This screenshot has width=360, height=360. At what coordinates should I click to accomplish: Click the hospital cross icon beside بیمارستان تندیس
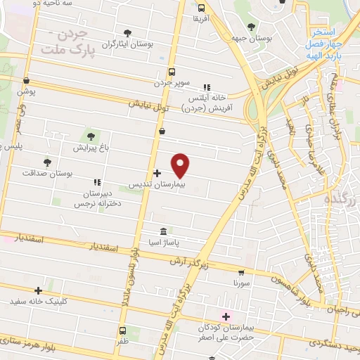pyautogui.click(x=156, y=172)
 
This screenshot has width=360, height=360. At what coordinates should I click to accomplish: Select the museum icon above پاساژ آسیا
pyautogui.click(x=163, y=231)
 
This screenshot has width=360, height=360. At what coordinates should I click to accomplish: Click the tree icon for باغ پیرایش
pyautogui.click(x=89, y=136)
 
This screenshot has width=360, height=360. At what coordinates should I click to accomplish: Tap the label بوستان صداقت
pyautogui.click(x=44, y=173)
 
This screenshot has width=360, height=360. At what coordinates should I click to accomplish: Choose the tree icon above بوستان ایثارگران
pyautogui.click(x=127, y=32)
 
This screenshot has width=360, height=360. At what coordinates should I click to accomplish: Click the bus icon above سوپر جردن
pyautogui.click(x=172, y=72)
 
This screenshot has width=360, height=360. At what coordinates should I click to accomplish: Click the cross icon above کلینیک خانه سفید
pyautogui.click(x=39, y=290)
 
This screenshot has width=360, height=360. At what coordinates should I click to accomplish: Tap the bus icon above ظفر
pyautogui.click(x=122, y=330)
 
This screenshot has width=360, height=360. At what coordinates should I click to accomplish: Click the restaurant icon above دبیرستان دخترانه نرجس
pyautogui.click(x=96, y=163)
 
